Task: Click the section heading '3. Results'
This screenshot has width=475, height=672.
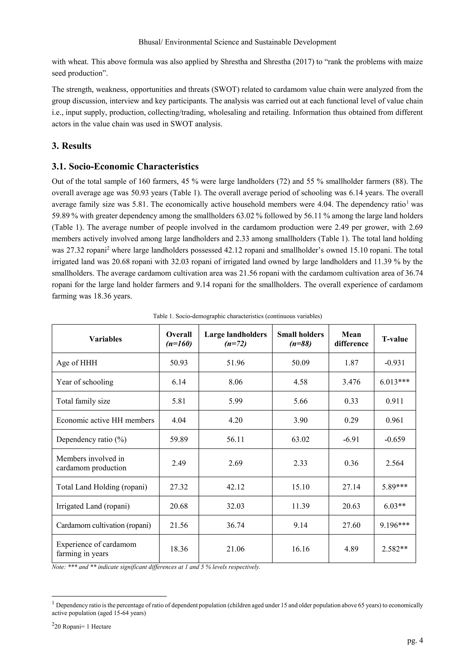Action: click(x=71, y=146)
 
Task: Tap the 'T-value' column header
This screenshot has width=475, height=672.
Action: click(x=395, y=339)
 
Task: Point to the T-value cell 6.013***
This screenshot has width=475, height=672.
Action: click(x=395, y=382)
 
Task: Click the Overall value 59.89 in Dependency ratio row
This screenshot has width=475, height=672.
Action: click(x=179, y=439)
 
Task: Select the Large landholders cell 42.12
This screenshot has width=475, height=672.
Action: click(x=235, y=487)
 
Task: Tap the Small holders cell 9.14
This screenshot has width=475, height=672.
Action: click(x=300, y=525)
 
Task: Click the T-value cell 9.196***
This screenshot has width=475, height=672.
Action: click(x=395, y=525)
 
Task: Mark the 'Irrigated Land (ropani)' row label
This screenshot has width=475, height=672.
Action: click(x=93, y=506)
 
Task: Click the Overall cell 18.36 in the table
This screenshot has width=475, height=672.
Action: click(x=179, y=549)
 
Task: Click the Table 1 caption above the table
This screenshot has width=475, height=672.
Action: click(x=237, y=316)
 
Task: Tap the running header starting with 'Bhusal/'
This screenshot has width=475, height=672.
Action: click(x=237, y=42)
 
